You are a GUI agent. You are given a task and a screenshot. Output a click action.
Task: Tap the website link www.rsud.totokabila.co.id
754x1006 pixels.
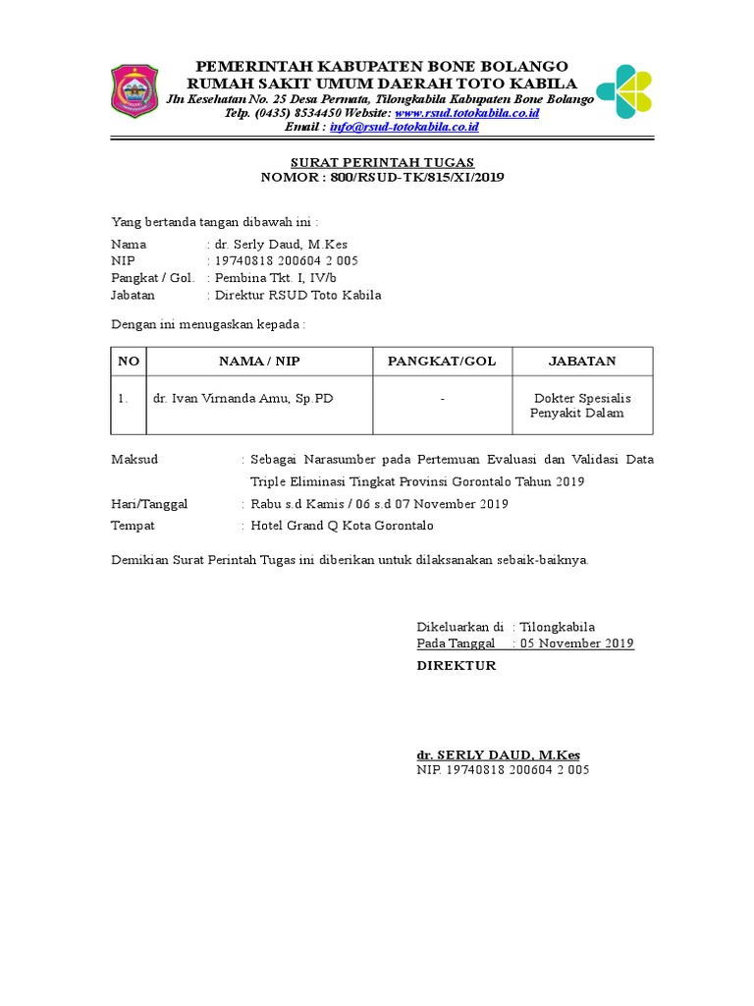point(466,113)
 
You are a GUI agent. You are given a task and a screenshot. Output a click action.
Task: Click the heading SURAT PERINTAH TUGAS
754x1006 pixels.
point(382,162)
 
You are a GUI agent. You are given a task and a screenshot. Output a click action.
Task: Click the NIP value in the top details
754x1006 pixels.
point(286,261)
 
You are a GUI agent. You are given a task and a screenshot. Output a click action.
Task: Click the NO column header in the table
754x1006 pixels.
point(129,362)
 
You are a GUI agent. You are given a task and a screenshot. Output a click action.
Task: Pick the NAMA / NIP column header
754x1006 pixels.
point(259,362)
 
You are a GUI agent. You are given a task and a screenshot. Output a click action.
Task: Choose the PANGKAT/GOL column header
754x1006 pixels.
point(442,362)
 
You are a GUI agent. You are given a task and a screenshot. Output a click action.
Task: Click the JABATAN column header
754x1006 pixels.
point(581,362)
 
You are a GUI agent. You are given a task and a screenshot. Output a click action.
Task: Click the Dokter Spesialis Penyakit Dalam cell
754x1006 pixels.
point(581,406)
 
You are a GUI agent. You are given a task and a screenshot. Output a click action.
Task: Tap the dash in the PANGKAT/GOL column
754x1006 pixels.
point(442,399)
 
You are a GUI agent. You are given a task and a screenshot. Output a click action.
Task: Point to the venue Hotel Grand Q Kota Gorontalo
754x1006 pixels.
point(342,526)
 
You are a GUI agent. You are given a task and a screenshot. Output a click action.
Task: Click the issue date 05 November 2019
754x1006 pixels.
point(576,643)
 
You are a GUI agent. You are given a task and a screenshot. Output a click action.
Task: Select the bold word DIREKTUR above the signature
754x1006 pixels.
point(457,666)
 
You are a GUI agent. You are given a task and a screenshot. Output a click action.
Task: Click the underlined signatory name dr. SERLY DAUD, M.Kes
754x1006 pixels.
point(498,754)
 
